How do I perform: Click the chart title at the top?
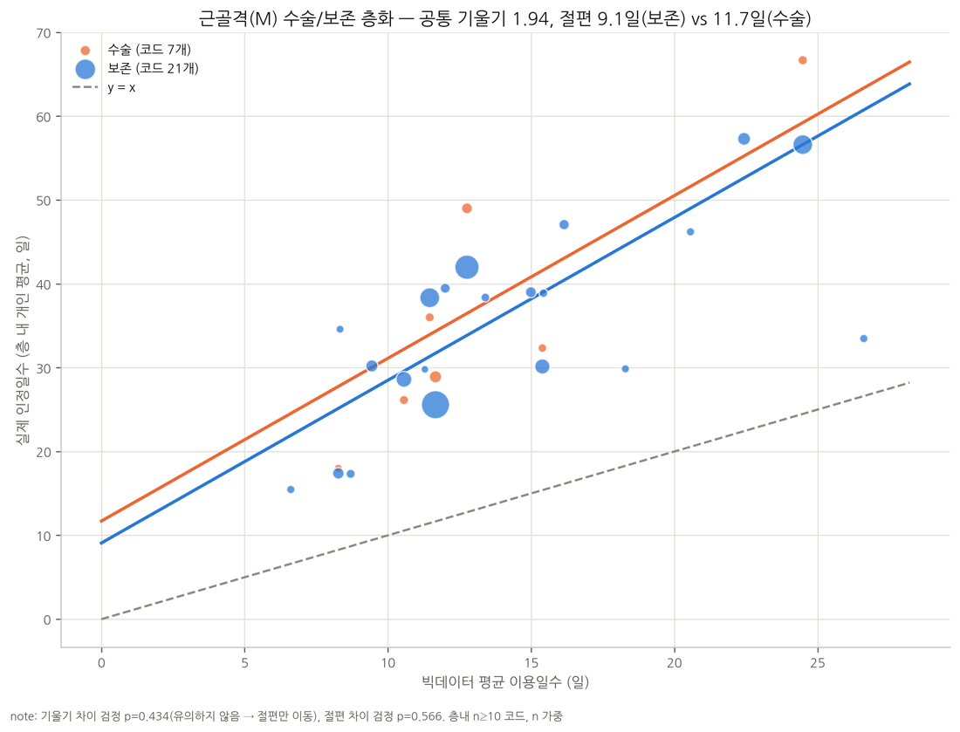[x=504, y=18]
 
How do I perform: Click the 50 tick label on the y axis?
[x=45, y=201]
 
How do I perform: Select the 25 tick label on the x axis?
[x=818, y=663]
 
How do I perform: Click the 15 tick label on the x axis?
[x=531, y=663]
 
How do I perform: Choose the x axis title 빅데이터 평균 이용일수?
[x=505, y=681]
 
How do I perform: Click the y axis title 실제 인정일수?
[x=23, y=339]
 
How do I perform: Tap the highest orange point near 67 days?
[x=802, y=60]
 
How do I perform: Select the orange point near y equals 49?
[x=467, y=209]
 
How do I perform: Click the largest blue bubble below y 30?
[x=435, y=405]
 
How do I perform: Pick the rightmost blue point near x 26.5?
[x=863, y=339]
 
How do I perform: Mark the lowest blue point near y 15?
[x=291, y=489]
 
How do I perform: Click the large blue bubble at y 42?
[x=467, y=268]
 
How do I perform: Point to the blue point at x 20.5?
[x=690, y=232]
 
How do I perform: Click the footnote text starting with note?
[x=286, y=716]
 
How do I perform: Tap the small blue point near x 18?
[x=625, y=368]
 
